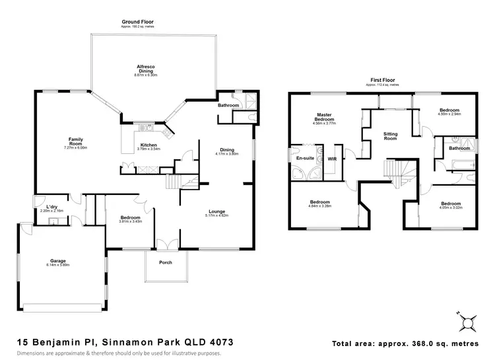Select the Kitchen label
[x=148, y=145]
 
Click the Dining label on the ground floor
[x=226, y=150]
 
